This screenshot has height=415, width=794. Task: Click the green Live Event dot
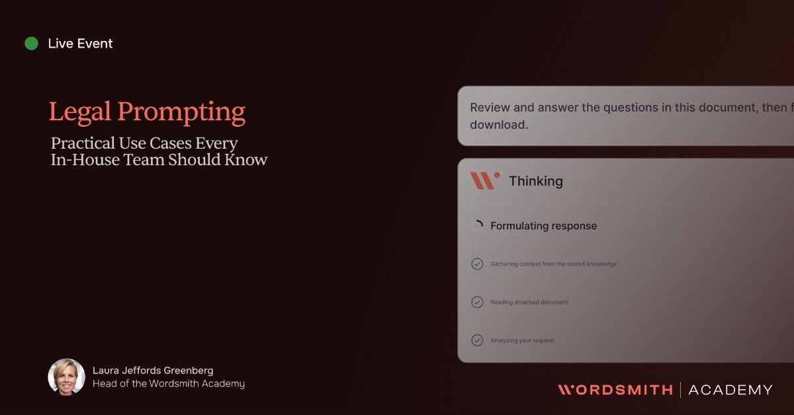click(31, 44)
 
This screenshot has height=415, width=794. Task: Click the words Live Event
click(80, 44)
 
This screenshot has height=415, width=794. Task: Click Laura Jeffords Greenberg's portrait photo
click(66, 377)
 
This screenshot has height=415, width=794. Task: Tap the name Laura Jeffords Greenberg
click(153, 370)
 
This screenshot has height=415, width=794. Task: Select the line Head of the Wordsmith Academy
click(168, 383)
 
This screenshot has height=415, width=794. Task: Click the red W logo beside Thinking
click(484, 180)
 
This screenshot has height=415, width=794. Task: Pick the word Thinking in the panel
click(535, 181)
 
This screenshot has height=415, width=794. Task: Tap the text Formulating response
click(543, 226)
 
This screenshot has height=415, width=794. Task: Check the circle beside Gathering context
click(477, 264)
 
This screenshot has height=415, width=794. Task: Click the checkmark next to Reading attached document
click(477, 302)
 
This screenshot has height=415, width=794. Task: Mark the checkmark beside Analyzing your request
click(477, 340)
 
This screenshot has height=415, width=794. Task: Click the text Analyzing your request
click(522, 340)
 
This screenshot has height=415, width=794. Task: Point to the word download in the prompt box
click(499, 124)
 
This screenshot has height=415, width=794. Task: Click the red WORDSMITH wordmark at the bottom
click(615, 390)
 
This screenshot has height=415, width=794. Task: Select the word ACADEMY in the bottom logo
click(730, 390)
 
